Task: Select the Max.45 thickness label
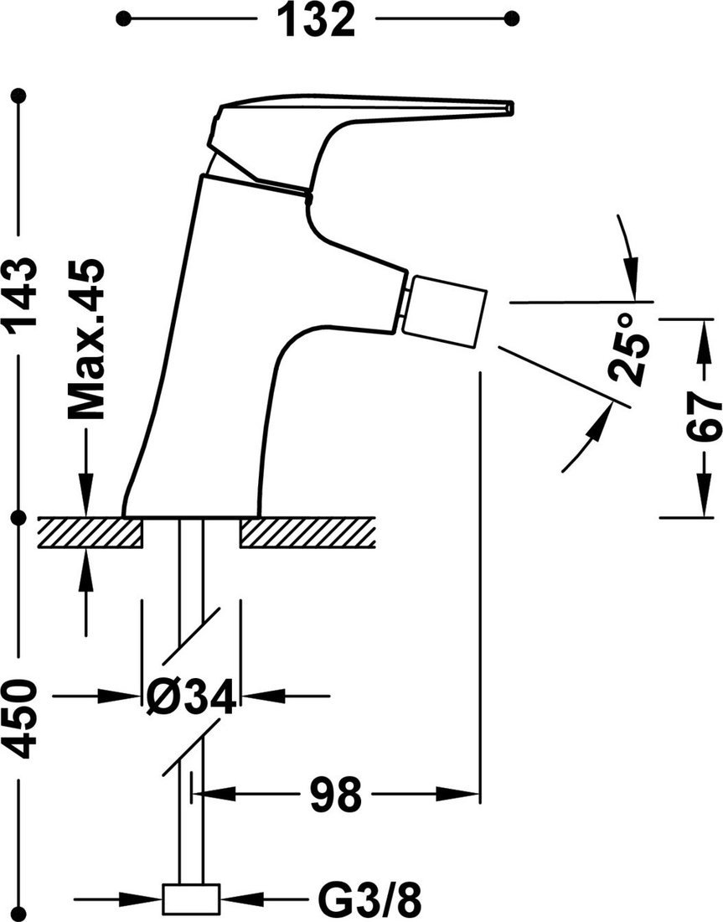[86, 339]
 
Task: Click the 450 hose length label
[19, 718]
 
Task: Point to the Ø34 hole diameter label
[191, 697]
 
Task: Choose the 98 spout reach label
[336, 794]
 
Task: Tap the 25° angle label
[627, 348]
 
